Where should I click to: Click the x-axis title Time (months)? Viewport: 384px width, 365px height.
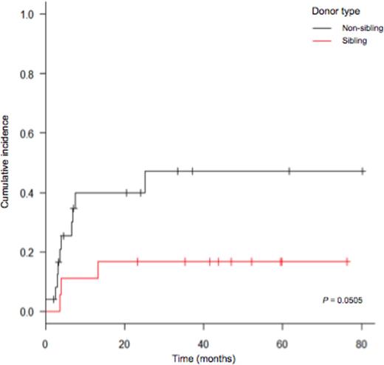coord(203,358)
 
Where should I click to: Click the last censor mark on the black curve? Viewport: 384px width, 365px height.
coord(363,171)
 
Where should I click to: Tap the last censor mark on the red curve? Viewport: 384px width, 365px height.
coord(346,262)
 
